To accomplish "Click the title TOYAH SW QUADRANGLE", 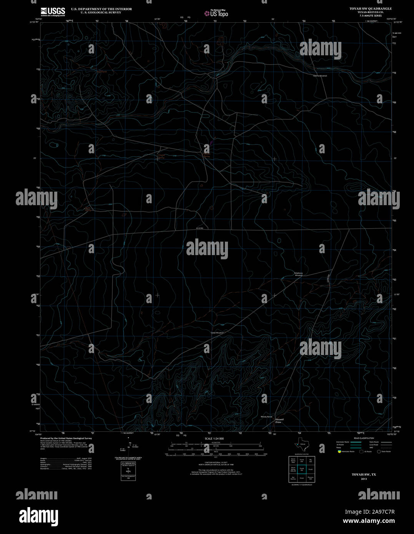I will [x=365, y=8].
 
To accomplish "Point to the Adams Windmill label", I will [x=319, y=76].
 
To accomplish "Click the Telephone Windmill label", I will [x=299, y=274].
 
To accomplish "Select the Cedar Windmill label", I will [x=217, y=333].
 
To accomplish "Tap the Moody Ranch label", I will [x=266, y=416].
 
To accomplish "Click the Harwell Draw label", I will [x=279, y=421].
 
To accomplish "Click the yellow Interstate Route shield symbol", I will [x=339, y=451].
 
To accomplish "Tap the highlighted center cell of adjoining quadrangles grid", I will [x=302, y=469].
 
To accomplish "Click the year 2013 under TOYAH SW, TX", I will [x=364, y=479].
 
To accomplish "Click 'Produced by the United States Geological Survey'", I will [x=66, y=438].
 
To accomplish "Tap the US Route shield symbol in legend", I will [x=361, y=451].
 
